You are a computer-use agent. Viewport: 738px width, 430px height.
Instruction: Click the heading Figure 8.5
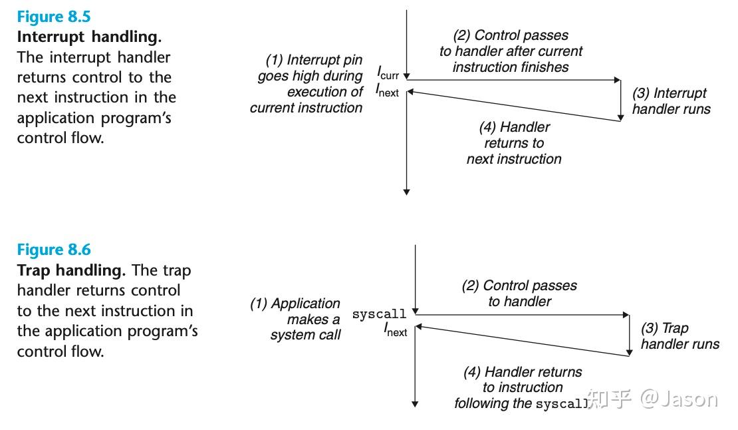[54, 17]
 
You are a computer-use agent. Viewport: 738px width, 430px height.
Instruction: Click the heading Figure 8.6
[54, 250]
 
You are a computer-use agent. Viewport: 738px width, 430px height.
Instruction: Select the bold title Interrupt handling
[88, 37]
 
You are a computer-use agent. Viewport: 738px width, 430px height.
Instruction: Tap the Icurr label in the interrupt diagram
[388, 73]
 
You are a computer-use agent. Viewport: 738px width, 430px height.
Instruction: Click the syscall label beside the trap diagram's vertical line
[379, 314]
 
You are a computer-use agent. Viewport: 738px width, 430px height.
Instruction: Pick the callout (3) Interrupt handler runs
[670, 101]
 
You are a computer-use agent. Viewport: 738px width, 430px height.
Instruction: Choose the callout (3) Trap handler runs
[679, 335]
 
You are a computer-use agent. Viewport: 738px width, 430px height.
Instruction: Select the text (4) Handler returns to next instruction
[513, 142]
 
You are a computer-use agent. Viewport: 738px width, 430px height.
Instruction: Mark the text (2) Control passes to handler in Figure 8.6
[519, 293]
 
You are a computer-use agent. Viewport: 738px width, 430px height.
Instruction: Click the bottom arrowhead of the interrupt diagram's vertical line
[406, 192]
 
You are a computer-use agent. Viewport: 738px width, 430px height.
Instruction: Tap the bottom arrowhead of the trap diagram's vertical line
[416, 403]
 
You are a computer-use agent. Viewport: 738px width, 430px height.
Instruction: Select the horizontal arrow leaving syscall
[522, 314]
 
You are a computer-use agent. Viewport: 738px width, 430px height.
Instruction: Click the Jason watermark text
[679, 399]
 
